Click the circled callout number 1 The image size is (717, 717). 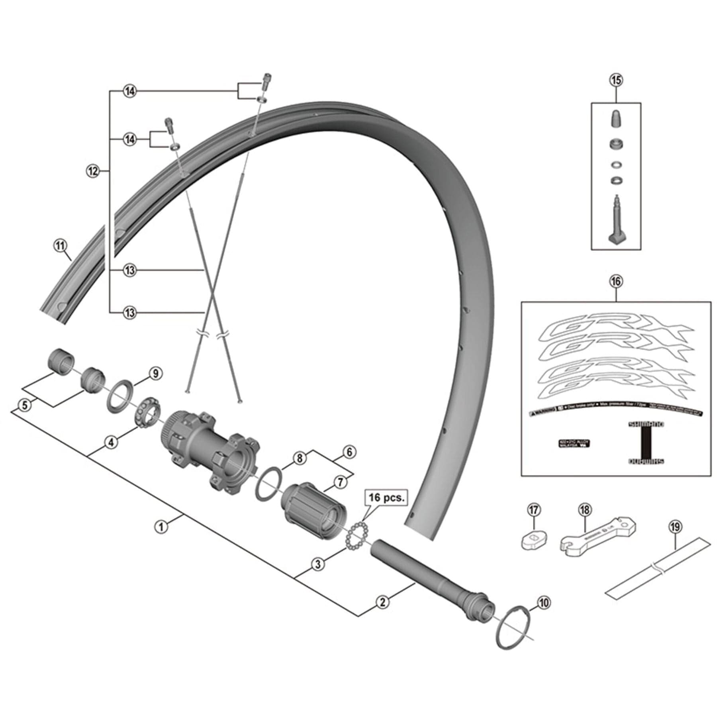point(161,527)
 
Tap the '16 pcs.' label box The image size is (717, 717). point(386,498)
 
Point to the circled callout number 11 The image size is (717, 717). point(60,246)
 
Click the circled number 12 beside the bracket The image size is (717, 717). point(92,171)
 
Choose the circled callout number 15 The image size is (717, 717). point(616,80)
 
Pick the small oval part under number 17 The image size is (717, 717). point(533,540)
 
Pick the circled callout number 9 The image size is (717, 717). point(155,374)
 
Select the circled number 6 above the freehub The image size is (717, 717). point(349,452)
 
